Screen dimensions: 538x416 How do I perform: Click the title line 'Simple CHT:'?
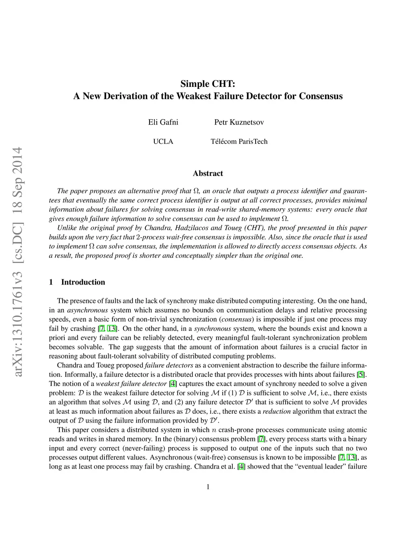pyautogui.click(x=208, y=84)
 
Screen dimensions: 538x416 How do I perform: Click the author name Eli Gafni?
pyautogui.click(x=163, y=122)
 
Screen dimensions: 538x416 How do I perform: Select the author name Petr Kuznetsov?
pyautogui.click(x=239, y=122)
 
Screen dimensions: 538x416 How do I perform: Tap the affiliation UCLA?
pyautogui.click(x=163, y=142)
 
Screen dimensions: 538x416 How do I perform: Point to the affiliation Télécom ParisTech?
pyautogui.click(x=239, y=142)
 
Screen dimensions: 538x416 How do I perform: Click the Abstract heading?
pyautogui.click(x=208, y=173)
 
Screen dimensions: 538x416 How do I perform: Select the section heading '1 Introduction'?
pyautogui.click(x=77, y=282)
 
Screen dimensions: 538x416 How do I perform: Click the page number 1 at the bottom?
pyautogui.click(x=208, y=487)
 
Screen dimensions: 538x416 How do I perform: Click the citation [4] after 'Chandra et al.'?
pyautogui.click(x=241, y=466)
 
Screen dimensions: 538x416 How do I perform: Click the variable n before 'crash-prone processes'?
pyautogui.click(x=214, y=430)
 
